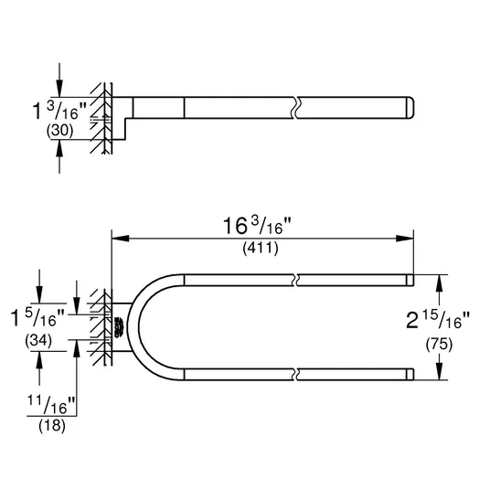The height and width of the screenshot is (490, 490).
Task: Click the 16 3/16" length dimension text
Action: (257, 226)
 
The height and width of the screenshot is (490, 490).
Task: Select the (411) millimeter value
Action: (261, 249)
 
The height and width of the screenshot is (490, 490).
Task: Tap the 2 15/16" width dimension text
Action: (438, 320)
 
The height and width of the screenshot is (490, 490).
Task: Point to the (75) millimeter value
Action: (439, 345)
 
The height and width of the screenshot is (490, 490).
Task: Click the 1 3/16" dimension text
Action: (59, 111)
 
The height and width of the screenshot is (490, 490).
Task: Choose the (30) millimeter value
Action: (59, 131)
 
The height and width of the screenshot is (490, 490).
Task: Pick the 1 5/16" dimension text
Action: (37, 317)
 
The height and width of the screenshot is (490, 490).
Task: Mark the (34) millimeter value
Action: (38, 340)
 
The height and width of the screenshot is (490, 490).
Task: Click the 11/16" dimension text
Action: (51, 405)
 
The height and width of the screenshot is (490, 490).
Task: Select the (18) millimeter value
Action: (52, 426)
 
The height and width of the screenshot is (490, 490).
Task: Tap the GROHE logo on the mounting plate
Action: (120, 327)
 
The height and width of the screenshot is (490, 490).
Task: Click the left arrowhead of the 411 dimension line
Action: (121, 239)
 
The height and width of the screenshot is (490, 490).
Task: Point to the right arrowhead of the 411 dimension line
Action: (405, 239)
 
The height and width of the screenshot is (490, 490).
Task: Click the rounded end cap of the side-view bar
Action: (410, 108)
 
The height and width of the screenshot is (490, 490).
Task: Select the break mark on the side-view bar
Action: (296, 108)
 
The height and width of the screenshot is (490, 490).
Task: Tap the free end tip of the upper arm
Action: (414, 281)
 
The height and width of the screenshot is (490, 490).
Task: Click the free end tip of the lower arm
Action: (414, 375)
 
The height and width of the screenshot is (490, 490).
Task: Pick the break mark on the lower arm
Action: (296, 375)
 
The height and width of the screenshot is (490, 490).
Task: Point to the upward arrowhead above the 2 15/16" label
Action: (440, 283)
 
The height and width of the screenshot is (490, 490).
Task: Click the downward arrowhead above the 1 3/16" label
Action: (59, 89)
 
